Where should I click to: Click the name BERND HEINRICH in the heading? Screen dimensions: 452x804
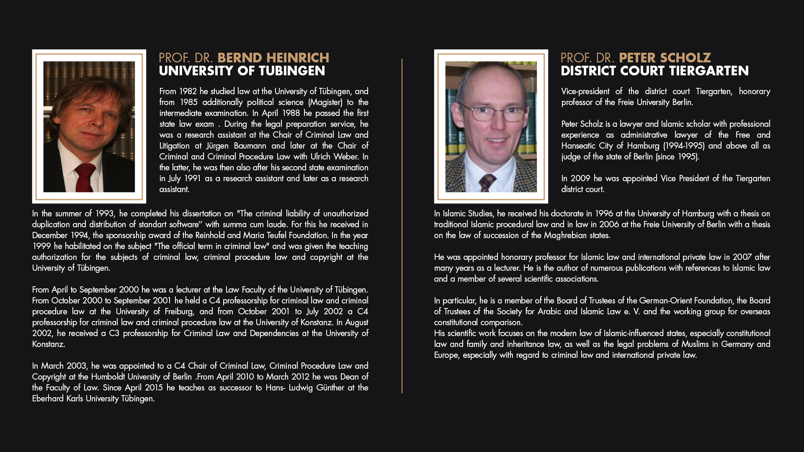tap(273, 58)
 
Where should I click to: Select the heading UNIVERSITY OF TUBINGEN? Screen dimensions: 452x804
tap(242, 71)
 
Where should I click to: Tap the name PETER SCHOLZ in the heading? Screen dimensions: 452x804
tap(665, 58)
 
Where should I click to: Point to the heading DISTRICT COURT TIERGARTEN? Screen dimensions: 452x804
tap(655, 71)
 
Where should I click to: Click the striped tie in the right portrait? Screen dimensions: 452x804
tap(487, 182)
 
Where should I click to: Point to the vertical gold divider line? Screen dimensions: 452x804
tap(402, 226)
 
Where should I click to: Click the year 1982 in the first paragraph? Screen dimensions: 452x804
tap(188, 91)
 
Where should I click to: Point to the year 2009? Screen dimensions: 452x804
tap(580, 178)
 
